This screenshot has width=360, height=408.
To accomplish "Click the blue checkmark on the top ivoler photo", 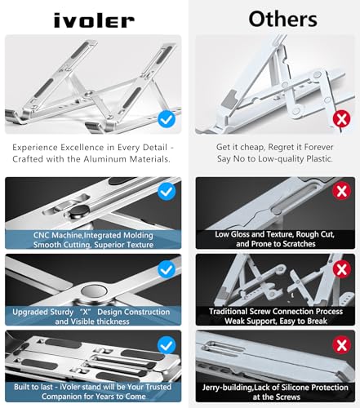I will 167,119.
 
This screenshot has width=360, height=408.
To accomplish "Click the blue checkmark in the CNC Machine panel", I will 167,193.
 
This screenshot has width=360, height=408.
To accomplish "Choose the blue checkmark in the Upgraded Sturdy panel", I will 167,268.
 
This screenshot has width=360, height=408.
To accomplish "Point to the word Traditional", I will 236,311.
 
